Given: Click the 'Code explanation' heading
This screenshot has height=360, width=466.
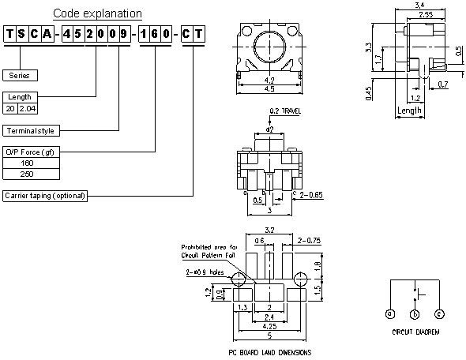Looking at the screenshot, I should point(97,13).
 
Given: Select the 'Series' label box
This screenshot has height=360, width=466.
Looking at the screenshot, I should point(20,76).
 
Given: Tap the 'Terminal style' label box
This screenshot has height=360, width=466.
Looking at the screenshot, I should point(32,129).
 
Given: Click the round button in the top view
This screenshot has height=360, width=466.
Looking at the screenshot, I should point(270,50).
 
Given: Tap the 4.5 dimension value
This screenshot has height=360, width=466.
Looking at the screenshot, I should point(270,88).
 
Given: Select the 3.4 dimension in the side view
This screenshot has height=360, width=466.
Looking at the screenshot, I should point(419,6).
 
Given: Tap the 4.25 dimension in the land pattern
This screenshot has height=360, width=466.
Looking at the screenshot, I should point(269,324).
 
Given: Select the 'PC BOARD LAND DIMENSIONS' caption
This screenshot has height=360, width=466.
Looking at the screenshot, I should point(269,352).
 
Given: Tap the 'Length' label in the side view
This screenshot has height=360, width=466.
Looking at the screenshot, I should point(409,111).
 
